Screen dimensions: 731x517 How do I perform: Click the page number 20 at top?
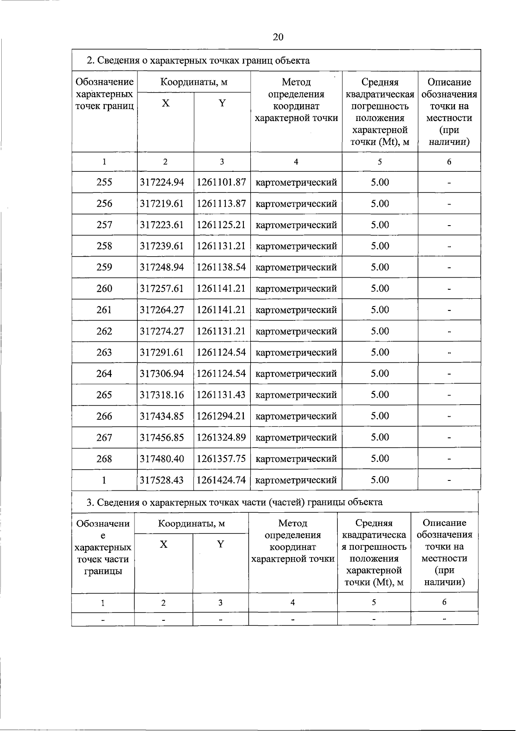pos(278,37)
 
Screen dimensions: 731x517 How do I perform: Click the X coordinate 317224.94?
pos(162,182)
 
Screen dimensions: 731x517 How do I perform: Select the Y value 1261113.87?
pos(221,204)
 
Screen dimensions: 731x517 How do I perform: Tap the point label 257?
pos(104,225)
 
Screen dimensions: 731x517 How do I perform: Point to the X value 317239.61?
pos(162,246)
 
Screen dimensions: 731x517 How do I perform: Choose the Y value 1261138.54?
pos(221,267)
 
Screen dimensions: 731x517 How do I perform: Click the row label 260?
pos(104,288)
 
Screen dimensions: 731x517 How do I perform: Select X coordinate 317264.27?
pos(162,310)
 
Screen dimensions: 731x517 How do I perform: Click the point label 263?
pos(104,352)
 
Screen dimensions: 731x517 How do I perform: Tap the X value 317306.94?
pos(162,373)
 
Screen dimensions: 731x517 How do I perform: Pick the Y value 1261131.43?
pos(221,395)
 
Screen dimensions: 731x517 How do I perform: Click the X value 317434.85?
pos(162,416)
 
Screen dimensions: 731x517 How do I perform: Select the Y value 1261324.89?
pos(221,437)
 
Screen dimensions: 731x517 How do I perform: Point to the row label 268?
pos(104,458)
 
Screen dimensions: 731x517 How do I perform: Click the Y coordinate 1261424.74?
pos(221,480)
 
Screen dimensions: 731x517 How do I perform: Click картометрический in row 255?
pos(296,183)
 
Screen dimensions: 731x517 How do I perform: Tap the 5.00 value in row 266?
pos(380,416)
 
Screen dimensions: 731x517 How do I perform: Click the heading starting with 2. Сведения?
pos(198,61)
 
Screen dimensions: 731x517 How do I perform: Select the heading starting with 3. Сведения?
pos(235,502)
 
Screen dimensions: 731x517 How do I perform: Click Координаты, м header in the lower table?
pos(191,523)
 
